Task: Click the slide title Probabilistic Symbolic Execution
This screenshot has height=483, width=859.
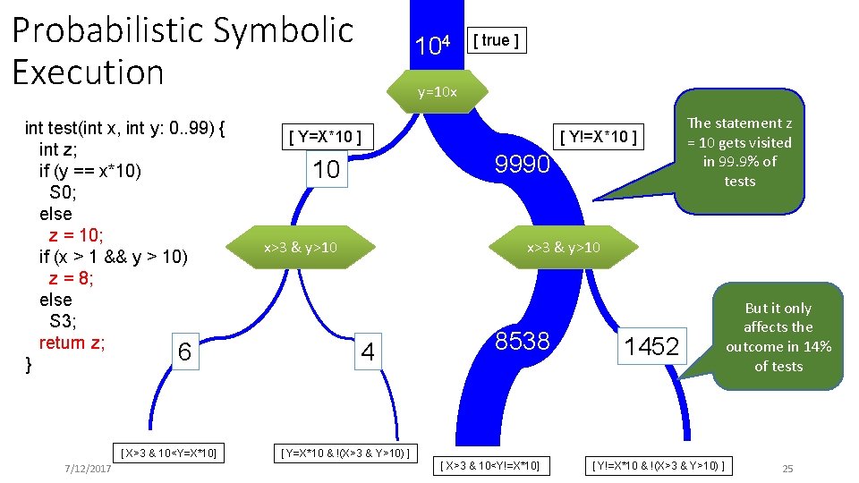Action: (183, 51)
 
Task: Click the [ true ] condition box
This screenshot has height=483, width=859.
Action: (497, 40)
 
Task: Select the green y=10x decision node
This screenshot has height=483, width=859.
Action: (438, 92)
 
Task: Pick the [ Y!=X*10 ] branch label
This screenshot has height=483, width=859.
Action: (599, 137)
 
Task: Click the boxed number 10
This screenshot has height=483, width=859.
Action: (327, 169)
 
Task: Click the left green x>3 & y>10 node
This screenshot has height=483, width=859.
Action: (300, 247)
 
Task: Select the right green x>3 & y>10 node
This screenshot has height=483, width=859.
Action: (563, 247)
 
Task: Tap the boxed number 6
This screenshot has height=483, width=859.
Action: (183, 352)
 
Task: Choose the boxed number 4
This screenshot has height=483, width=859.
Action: (367, 352)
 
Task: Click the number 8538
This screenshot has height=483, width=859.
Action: (524, 340)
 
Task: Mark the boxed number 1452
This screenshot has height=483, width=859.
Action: (651, 346)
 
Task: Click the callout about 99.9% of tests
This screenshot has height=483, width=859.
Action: (739, 151)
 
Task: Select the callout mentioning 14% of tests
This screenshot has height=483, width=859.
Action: (778, 336)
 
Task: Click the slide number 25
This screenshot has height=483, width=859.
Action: (787, 469)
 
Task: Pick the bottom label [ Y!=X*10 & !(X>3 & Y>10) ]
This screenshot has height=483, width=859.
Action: (659, 465)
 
